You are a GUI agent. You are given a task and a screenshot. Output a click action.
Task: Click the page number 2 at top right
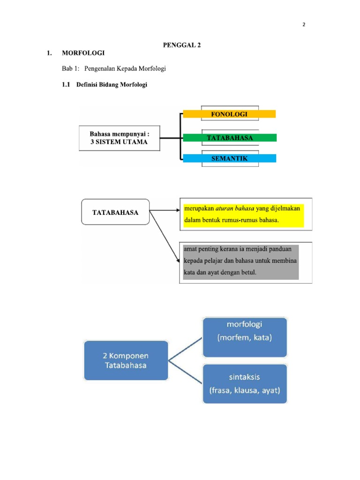[303, 25]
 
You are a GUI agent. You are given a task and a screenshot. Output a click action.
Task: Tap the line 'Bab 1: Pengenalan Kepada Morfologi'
[114, 69]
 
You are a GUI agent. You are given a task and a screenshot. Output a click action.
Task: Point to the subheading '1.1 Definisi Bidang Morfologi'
[105, 85]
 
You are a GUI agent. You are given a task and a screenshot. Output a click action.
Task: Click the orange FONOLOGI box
[229, 114]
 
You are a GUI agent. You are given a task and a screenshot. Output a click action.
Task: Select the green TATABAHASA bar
[229, 138]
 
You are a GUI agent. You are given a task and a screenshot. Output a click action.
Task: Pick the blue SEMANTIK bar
[229, 158]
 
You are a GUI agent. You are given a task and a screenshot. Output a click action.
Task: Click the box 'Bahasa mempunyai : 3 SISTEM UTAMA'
[119, 138]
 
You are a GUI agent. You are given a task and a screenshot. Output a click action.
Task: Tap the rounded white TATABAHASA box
[115, 212]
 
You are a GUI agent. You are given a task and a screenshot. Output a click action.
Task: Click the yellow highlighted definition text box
[244, 215]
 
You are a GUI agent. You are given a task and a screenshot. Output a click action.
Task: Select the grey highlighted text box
[241, 262]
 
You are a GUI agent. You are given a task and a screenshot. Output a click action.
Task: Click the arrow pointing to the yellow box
[164, 211]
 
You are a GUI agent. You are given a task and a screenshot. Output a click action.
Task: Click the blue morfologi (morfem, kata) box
[245, 337]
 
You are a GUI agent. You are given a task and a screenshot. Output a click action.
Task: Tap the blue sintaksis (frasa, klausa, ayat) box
[245, 383]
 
